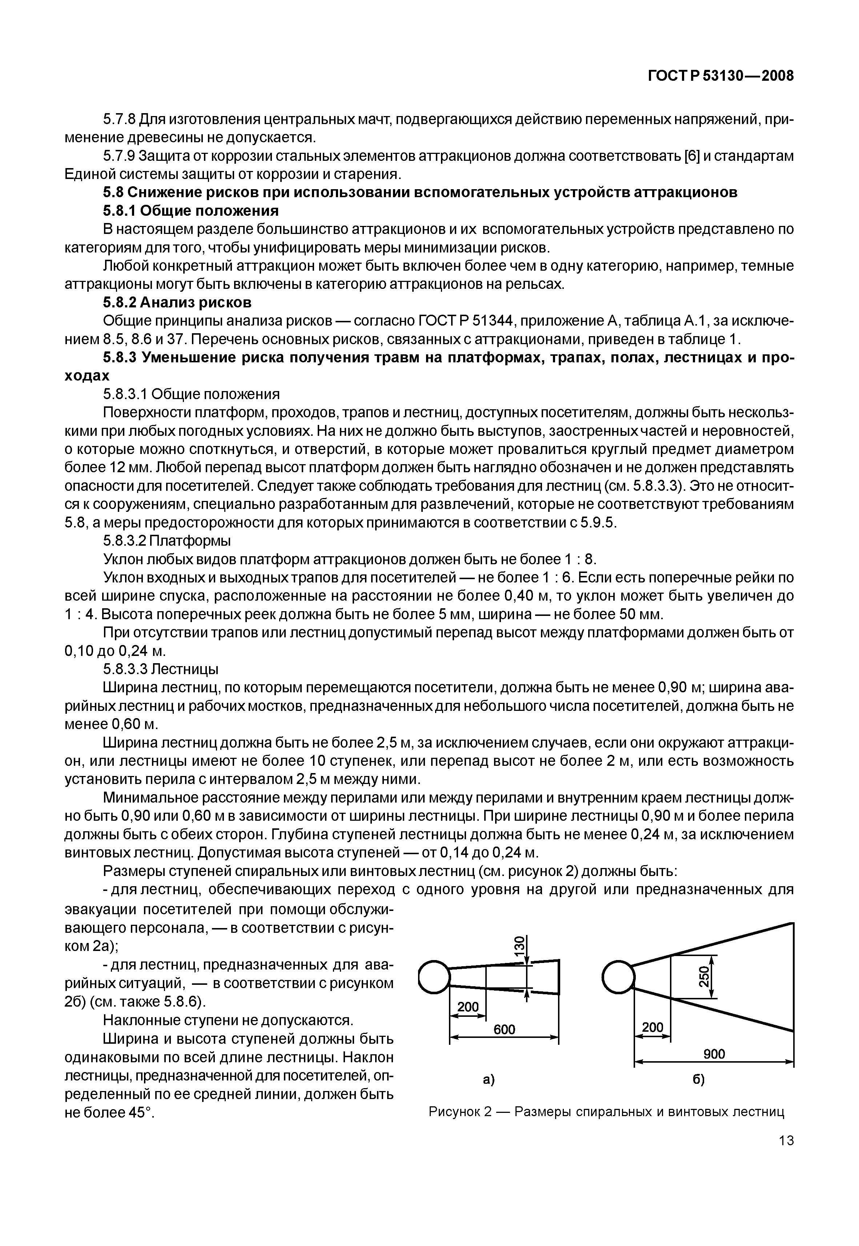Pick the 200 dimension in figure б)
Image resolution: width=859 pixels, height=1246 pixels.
[x=653, y=1027]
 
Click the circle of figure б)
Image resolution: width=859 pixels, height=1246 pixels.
[x=618, y=977]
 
